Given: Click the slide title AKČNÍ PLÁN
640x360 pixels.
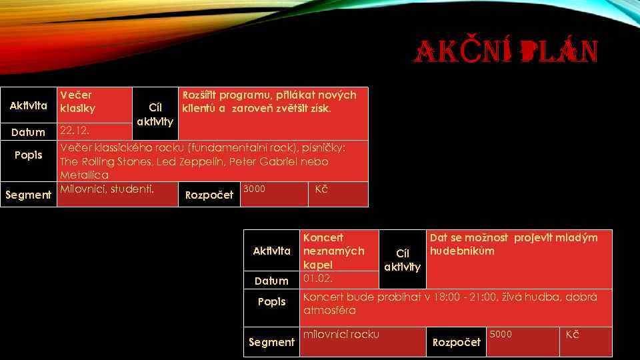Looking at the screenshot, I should coord(507,52).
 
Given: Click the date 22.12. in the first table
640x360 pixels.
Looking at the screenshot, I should coord(74,129).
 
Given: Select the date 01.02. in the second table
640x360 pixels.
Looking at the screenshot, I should coord(317,278).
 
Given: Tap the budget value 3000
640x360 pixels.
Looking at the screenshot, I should coord(254,189).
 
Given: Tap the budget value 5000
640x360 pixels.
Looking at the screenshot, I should coord(501,334).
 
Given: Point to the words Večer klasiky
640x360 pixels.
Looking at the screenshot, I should coord(77,101).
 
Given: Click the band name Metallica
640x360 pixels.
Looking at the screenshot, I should coord(84,175).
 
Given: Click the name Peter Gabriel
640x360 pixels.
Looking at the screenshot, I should coord(260,161).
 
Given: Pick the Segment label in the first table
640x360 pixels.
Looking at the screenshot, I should coord(28,195).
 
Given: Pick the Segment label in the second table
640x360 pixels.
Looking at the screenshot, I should coord(271,342).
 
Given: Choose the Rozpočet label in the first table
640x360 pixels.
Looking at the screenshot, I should coord(209,195).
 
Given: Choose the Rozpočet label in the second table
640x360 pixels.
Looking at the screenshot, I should coord(457,342).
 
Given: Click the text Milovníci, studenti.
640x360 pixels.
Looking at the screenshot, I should coord(107,189).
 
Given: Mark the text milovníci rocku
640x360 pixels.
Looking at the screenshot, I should coord(341,334).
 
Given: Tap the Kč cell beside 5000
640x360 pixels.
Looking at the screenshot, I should coord(572,334).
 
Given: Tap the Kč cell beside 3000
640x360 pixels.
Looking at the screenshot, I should coord(321,189).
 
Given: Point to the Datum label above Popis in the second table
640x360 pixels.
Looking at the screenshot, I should coord(271,281).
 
